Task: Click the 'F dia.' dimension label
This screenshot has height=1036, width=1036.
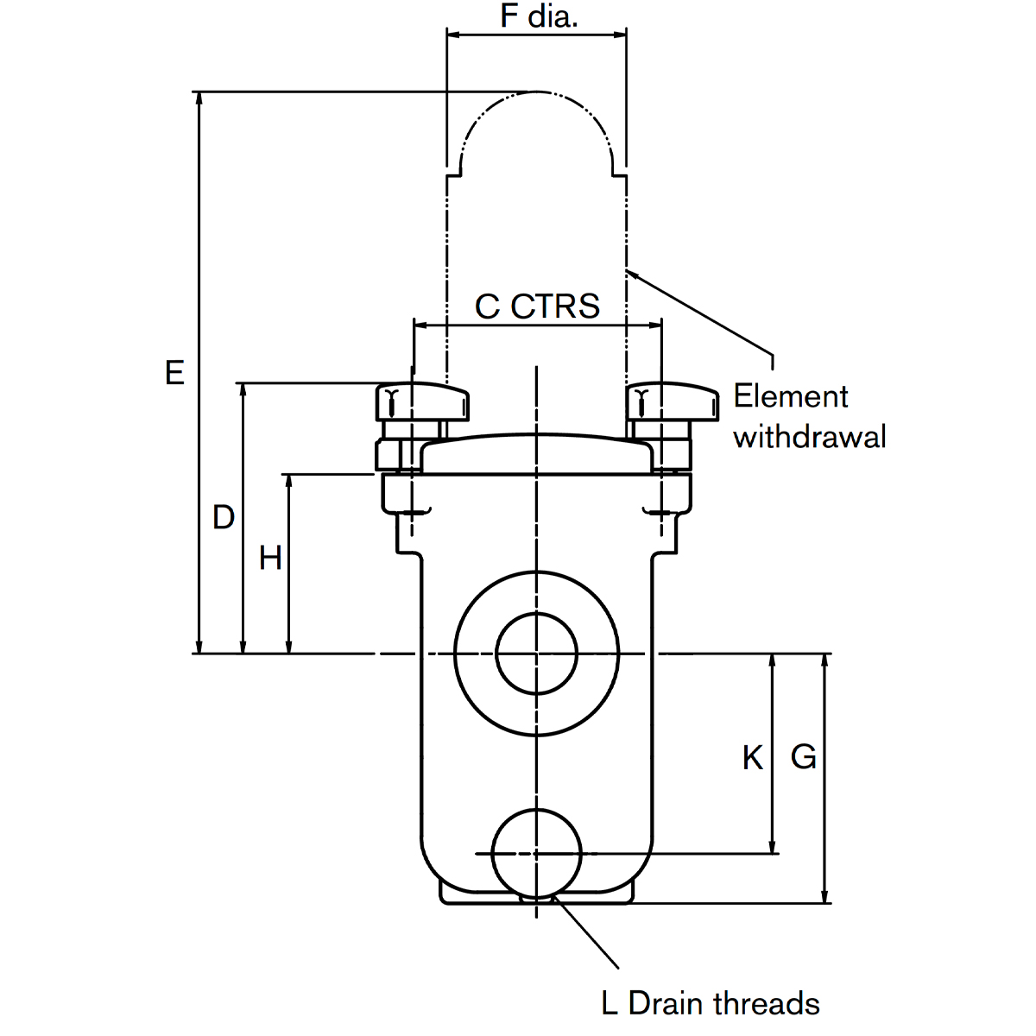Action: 538,16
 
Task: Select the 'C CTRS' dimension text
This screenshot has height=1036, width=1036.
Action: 537,306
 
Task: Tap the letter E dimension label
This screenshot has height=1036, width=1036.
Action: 175,373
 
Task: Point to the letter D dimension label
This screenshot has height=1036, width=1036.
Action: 224,517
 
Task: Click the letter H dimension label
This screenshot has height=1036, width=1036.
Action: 270,559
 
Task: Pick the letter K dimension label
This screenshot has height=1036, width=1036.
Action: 752,758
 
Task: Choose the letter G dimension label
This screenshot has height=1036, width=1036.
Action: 803,757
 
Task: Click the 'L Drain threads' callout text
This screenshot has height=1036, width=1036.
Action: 710,1003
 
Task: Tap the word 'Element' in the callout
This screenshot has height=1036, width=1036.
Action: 791,396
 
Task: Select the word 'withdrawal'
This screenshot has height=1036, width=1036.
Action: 810,437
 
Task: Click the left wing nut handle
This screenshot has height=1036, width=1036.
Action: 421,402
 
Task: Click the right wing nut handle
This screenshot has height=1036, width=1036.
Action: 673,402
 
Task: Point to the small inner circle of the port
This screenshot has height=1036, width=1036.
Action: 537,654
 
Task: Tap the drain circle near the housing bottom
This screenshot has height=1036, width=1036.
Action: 537,853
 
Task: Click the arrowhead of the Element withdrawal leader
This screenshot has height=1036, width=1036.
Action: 631,273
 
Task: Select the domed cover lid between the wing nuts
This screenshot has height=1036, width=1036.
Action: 537,454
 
